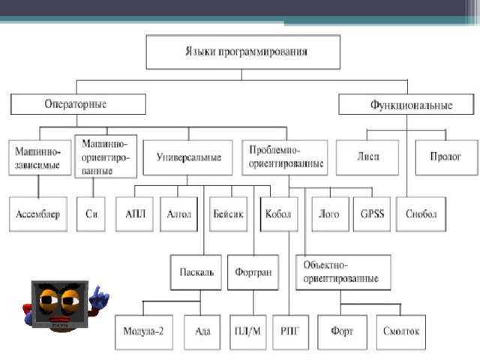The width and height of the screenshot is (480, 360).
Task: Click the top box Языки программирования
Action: point(242,52)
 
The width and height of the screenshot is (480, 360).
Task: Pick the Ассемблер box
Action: point(38,214)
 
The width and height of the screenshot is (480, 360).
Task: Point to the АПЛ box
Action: point(136,214)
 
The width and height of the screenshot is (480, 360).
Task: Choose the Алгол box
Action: point(180,214)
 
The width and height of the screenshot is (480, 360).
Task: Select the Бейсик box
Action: point(229,214)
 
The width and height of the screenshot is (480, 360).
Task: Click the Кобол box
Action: point(277,214)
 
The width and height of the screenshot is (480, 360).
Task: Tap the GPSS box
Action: point(372,214)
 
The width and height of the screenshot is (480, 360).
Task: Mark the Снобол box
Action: point(421,214)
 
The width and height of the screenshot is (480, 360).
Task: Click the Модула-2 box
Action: point(143,331)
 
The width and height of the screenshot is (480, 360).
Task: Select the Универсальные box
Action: point(189,158)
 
